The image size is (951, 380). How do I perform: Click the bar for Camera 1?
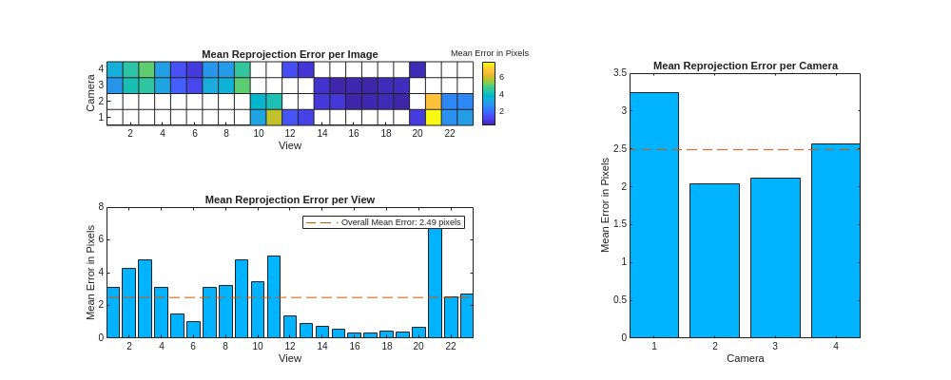(x=654, y=215)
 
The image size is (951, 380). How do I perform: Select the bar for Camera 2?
(x=714, y=260)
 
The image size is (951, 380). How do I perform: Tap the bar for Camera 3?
(x=775, y=257)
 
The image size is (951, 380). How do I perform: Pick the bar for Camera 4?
(x=835, y=240)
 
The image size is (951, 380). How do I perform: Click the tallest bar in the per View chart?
(x=435, y=280)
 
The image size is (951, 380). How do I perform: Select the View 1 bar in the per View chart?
(x=113, y=312)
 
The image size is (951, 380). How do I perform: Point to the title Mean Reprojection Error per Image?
(x=289, y=54)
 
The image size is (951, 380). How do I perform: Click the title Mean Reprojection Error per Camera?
(x=745, y=66)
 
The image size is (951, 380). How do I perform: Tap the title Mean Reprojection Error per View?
(x=289, y=199)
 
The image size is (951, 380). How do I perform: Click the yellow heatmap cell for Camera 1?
(x=434, y=117)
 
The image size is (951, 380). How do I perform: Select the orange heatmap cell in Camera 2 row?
(x=434, y=101)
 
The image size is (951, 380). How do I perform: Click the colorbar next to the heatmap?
(x=488, y=93)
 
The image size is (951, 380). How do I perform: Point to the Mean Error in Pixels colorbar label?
(x=489, y=53)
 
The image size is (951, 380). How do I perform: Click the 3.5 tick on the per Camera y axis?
(x=619, y=73)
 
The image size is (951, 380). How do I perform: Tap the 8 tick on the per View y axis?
(x=101, y=207)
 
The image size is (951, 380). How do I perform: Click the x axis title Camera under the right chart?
(x=745, y=358)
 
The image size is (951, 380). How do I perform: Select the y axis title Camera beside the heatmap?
(x=91, y=93)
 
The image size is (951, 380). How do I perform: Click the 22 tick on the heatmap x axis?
(x=450, y=133)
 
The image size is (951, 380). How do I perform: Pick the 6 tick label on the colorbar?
(x=501, y=77)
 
